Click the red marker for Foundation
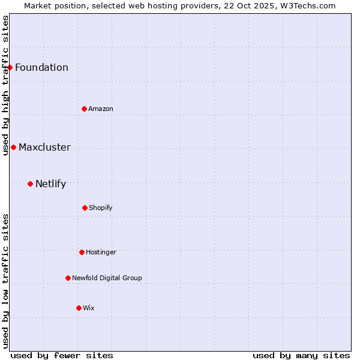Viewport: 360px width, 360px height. click(10, 67)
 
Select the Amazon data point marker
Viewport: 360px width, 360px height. click(85, 109)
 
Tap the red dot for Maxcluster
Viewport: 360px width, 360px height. click(14, 147)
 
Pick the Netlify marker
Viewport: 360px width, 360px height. click(31, 184)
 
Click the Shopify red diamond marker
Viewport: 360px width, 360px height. click(85, 208)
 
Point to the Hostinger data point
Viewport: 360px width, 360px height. click(82, 252)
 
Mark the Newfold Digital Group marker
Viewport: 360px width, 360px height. click(68, 278)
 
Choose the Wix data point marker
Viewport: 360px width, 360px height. click(79, 308)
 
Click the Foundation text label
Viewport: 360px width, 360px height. click(41, 67)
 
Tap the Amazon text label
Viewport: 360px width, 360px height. click(101, 109)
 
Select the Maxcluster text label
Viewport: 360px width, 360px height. click(44, 147)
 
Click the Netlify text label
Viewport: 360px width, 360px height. click(50, 184)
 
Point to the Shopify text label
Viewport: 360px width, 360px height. click(101, 208)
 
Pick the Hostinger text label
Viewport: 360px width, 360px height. click(101, 252)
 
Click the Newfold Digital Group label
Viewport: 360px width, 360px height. click(107, 278)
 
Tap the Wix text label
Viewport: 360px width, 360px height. click(89, 308)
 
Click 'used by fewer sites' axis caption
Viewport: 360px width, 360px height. click(62, 355)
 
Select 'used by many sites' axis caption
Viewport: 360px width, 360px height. click(301, 355)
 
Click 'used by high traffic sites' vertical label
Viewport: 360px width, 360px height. click(5, 84)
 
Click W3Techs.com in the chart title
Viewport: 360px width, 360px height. click(306, 5)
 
